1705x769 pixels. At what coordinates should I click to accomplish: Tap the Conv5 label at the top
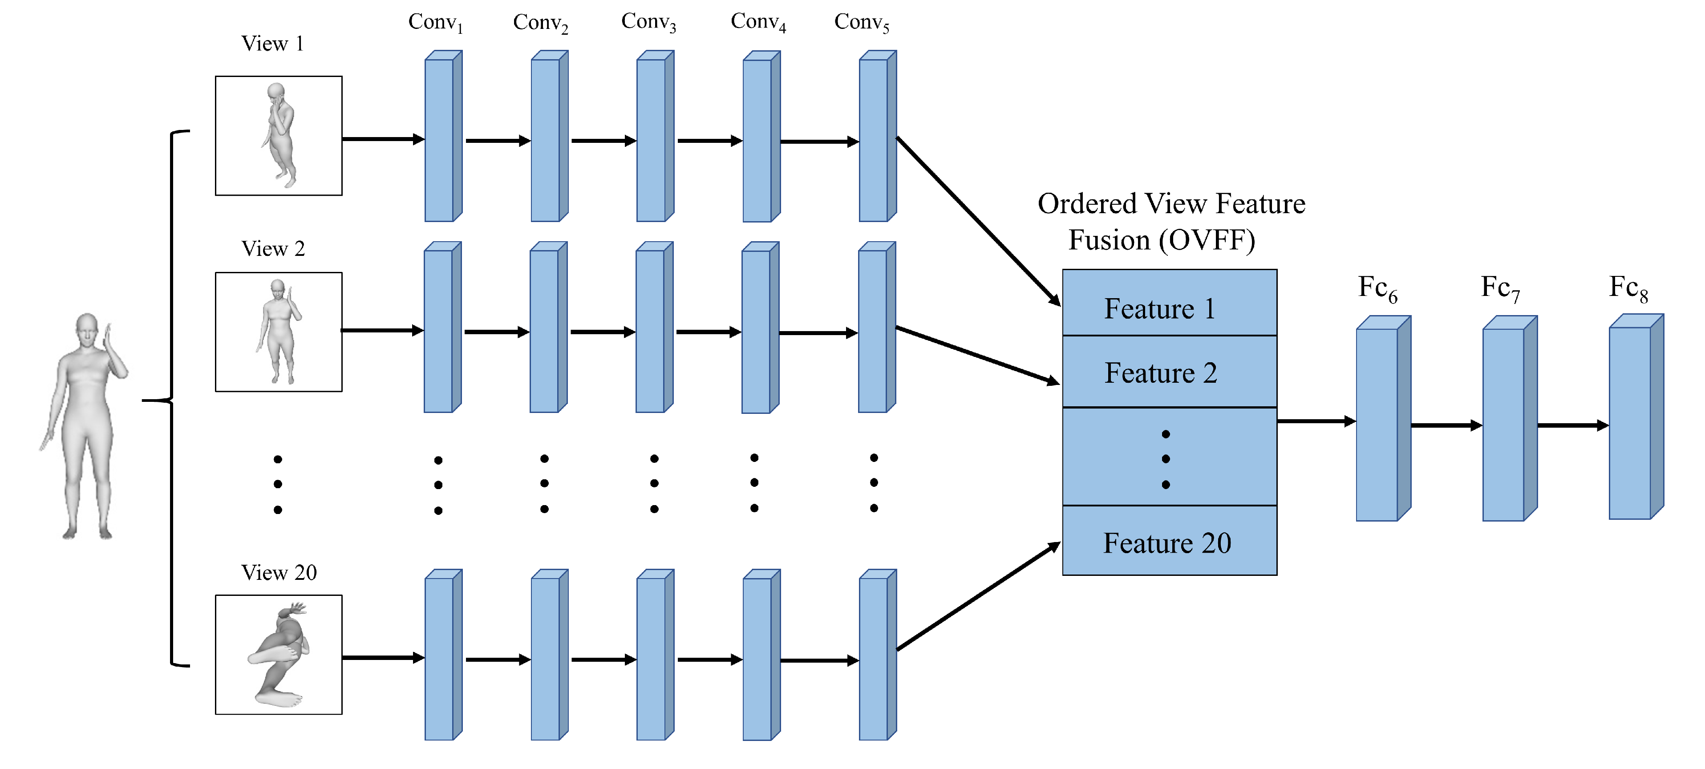(x=861, y=23)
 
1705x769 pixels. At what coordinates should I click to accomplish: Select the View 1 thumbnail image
(x=279, y=136)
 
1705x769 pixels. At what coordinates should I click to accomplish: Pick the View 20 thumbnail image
(x=279, y=655)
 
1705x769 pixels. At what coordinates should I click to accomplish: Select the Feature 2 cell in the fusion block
(x=1169, y=372)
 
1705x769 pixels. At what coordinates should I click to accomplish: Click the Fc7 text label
(x=1500, y=288)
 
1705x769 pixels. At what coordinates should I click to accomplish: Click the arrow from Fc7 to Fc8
(x=1572, y=425)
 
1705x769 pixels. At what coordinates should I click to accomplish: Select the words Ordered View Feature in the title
(x=1171, y=204)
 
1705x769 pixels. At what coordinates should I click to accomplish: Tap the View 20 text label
(x=279, y=572)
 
